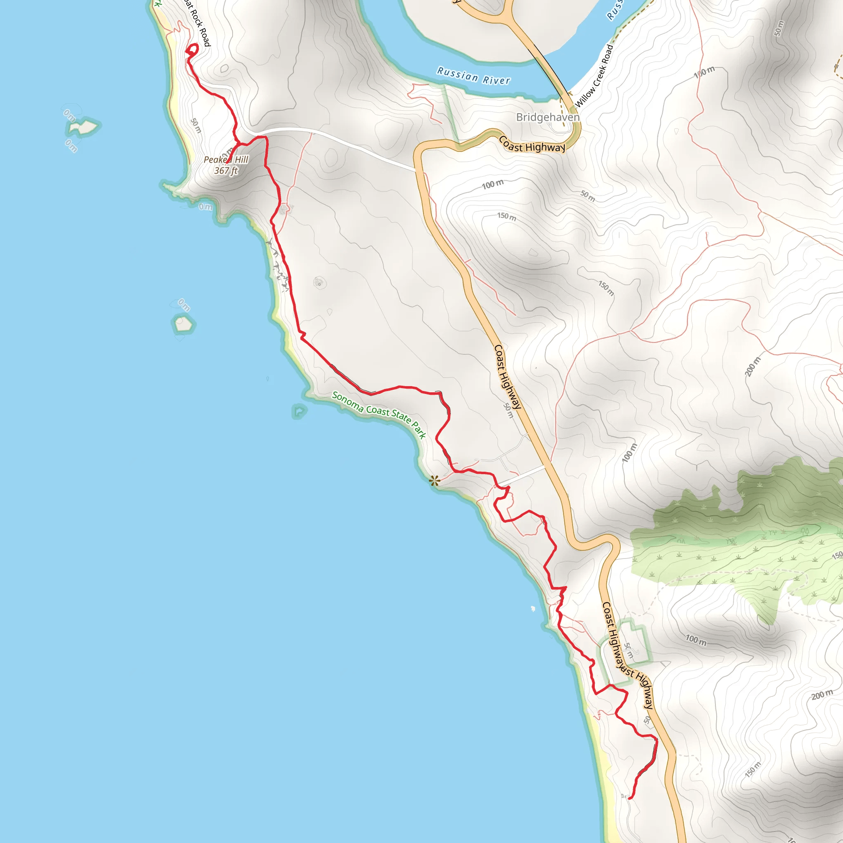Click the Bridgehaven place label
(547, 117)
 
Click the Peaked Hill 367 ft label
(226, 165)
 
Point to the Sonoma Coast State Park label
(379, 414)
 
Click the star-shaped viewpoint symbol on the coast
(434, 481)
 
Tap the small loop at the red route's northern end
(192, 50)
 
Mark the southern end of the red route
(630, 799)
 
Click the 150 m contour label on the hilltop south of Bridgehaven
(507, 217)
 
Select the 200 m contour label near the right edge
(752, 366)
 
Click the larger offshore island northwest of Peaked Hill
(83, 127)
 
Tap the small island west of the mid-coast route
(183, 324)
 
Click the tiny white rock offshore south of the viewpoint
(533, 609)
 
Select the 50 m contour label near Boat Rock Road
(196, 126)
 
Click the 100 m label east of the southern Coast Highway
(696, 640)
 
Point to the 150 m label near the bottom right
(753, 770)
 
